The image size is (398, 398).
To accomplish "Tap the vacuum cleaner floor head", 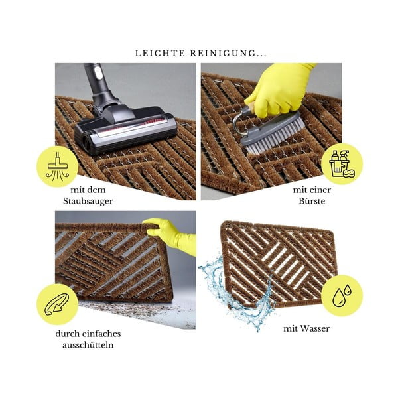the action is point(125,129).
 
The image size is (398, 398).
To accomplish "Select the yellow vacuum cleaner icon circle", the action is point(57,166).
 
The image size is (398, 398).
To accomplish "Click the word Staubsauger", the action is point(88,201).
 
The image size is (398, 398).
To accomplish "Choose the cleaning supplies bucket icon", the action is point(342,163).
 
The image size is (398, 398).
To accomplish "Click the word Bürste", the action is point(312,201).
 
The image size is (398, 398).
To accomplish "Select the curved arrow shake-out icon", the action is point(57,304).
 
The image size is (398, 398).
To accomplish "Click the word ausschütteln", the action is point(88,345).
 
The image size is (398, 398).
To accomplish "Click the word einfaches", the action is point(103,334).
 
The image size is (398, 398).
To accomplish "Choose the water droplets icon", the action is point(342,295).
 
